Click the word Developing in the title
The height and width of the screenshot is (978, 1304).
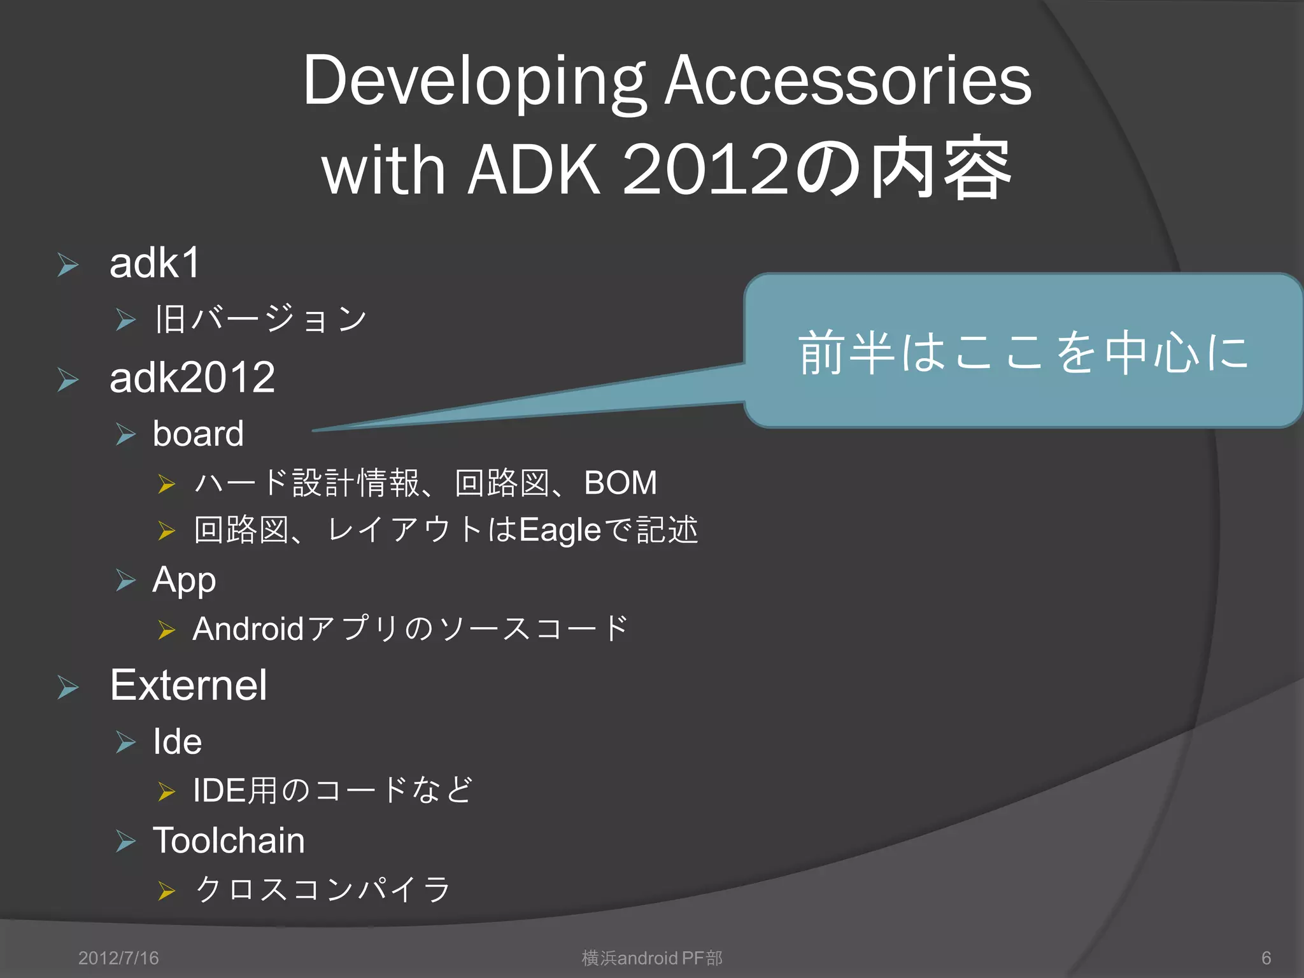pos(474,81)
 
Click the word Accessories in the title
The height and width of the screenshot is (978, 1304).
pos(847,81)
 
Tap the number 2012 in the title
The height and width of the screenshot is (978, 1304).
pos(705,169)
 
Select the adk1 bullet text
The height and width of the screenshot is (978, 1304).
pos(155,263)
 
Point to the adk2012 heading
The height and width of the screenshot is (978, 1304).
pos(192,378)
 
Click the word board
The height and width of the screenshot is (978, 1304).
pos(198,434)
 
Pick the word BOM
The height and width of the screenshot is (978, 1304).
pos(620,483)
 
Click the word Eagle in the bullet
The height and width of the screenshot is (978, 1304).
pos(560,530)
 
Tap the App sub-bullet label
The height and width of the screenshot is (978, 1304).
pos(184,581)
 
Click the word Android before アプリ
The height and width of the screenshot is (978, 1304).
pos(248,629)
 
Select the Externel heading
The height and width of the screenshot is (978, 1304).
pos(188,686)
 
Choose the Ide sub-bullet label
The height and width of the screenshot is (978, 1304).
pos(178,742)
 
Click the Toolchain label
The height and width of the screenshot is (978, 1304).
pos(229,840)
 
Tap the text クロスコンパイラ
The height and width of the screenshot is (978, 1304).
pos(323,889)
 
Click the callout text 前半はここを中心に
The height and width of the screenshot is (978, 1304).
pos(1023,351)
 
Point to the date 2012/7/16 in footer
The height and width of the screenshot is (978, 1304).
pos(118,958)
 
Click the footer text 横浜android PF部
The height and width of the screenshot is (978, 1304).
pos(652,958)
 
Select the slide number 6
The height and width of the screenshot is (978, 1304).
pos(1266,958)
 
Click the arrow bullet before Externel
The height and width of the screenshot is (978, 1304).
pos(68,688)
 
